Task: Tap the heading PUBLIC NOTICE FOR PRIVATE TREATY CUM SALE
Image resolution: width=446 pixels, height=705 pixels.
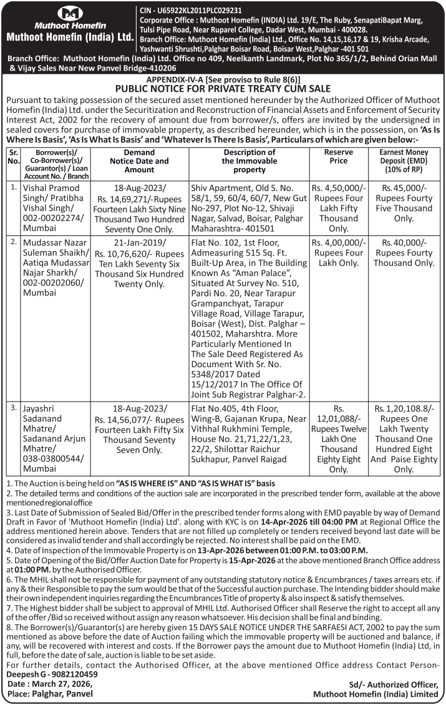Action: point(223,89)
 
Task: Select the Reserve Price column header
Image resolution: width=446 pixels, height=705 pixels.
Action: point(339,156)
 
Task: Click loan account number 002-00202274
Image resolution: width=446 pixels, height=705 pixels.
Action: point(51,219)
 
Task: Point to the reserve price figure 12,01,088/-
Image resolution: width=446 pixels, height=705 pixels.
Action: point(339,419)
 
